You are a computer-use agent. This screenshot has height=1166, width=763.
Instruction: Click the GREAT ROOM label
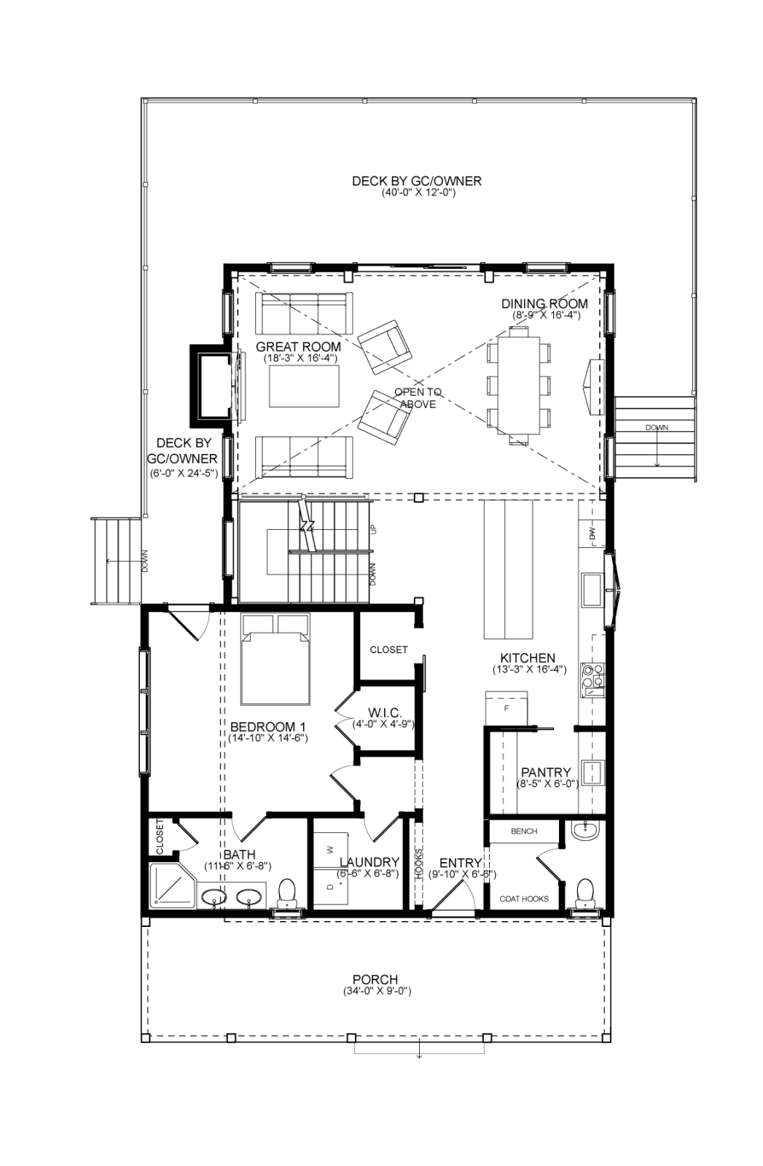click(x=298, y=347)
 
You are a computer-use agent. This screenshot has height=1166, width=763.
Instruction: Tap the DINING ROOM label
click(x=544, y=303)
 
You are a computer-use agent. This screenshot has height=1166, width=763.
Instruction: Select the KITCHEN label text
click(x=528, y=658)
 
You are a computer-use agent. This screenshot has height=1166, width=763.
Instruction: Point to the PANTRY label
click(x=546, y=772)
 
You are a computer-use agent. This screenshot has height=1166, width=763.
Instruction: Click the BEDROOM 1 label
click(x=268, y=727)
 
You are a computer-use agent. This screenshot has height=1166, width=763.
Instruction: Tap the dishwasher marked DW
click(x=592, y=533)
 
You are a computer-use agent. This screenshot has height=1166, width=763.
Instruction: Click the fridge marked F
click(x=506, y=708)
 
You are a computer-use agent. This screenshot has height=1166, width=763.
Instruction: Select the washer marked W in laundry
click(x=332, y=849)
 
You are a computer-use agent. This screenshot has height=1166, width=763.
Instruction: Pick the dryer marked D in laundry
click(x=332, y=886)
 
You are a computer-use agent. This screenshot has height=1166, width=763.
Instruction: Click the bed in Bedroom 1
click(x=275, y=659)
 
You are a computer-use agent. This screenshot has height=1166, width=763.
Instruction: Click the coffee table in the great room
click(x=304, y=386)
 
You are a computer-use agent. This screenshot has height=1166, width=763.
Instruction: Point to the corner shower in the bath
click(x=172, y=885)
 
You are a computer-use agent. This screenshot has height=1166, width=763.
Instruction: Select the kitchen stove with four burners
click(x=592, y=679)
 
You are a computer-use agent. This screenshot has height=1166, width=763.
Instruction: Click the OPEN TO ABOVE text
click(x=418, y=398)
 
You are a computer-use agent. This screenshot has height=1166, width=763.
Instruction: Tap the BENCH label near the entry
click(x=524, y=832)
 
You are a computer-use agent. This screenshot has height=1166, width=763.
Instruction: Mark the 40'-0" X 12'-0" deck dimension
click(x=417, y=193)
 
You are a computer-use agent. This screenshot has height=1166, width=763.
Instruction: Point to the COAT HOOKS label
click(x=524, y=899)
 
